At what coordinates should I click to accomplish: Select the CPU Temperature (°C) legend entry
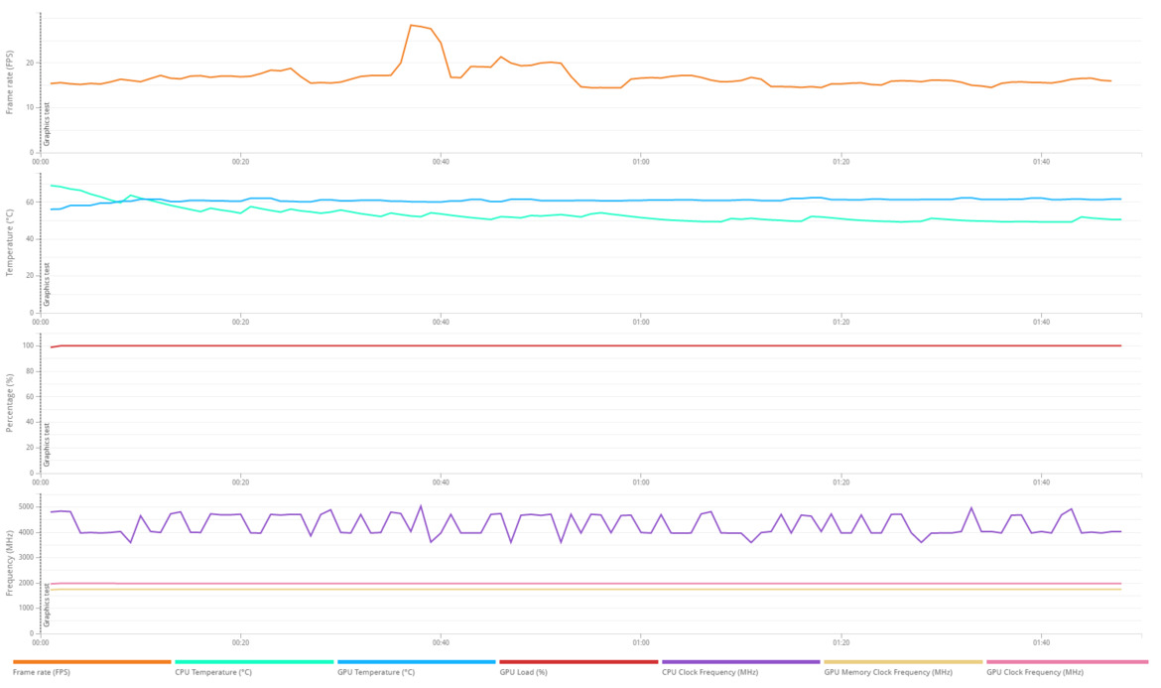213,672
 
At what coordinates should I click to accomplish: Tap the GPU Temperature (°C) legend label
376,672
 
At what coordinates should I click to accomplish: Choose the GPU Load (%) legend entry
523,672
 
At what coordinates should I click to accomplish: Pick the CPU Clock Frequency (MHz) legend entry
709,672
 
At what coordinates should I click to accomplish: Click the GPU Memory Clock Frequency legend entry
888,672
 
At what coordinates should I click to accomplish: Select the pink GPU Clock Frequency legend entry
1035,672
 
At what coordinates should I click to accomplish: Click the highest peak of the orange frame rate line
411,25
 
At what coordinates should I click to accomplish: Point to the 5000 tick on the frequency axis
25,506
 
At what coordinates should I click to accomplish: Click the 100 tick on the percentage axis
27,345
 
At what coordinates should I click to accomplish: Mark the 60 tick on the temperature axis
30,202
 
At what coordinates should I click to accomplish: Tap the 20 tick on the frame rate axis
30,63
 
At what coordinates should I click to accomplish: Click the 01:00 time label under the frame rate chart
640,161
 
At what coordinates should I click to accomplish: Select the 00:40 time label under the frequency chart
441,641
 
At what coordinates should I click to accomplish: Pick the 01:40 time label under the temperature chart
1041,322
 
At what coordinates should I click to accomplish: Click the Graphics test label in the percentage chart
47,445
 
